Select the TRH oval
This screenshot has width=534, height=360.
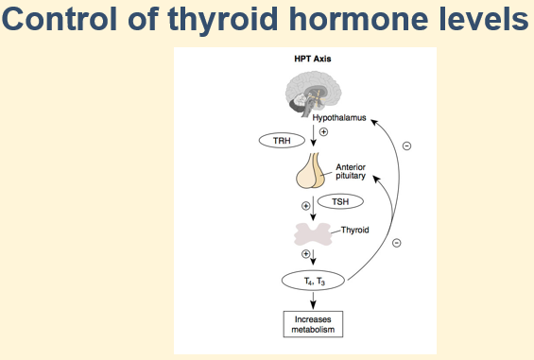tap(283, 140)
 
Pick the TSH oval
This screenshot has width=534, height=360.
tap(338, 201)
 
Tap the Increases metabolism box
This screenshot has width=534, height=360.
tap(312, 323)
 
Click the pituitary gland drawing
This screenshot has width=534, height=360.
tap(312, 172)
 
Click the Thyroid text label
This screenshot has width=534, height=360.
tap(354, 230)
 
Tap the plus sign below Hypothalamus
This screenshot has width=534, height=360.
tap(323, 132)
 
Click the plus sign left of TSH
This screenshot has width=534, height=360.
tap(305, 205)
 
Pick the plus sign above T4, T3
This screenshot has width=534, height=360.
tap(305, 254)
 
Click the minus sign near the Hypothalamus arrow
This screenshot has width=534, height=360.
tap(406, 146)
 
